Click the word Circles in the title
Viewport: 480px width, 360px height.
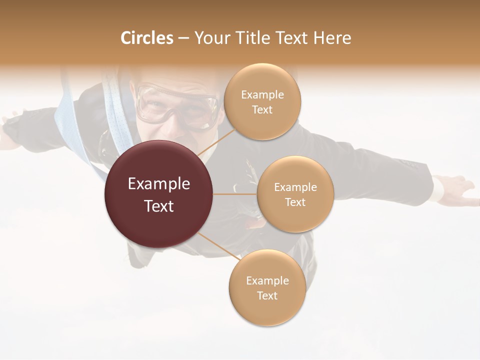tap(146, 38)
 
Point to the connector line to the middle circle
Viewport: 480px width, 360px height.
tap(234, 194)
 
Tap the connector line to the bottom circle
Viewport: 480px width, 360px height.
tap(217, 246)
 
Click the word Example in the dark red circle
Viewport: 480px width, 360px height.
tap(158, 184)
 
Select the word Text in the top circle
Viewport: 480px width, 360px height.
tap(262, 109)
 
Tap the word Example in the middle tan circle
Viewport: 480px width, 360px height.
tap(295, 187)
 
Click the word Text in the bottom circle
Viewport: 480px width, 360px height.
tap(267, 295)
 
